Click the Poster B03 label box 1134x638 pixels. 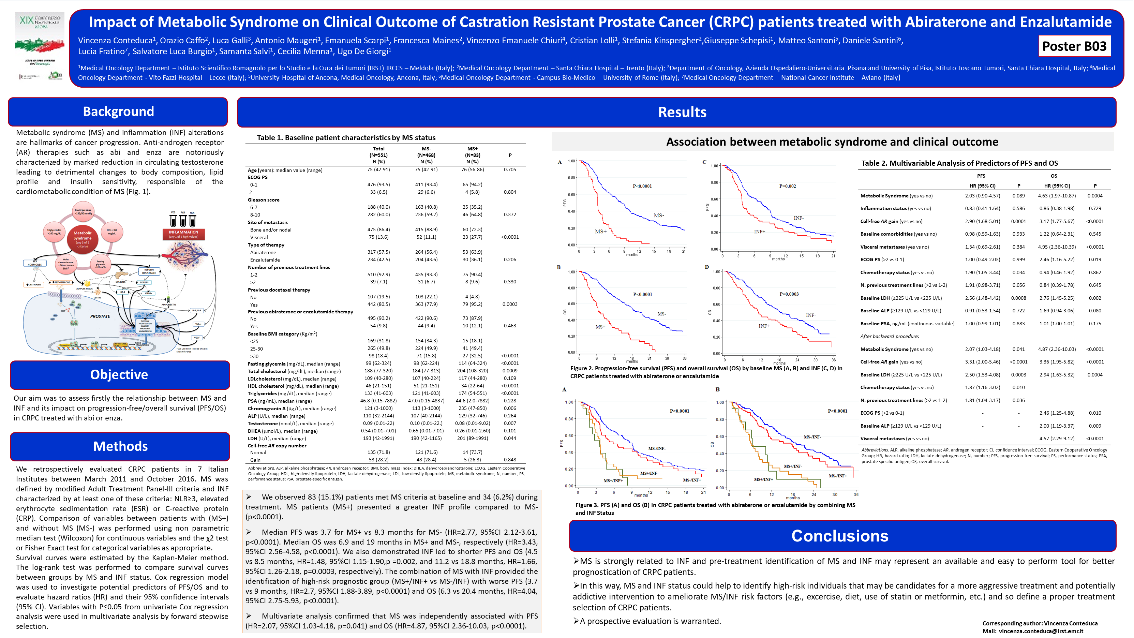[x=1074, y=46]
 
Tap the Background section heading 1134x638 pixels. [x=118, y=112]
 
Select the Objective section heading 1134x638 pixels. [x=119, y=374]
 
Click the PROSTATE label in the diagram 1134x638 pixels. [x=100, y=316]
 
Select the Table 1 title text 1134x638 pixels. [x=346, y=138]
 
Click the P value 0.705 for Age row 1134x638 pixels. [x=510, y=169]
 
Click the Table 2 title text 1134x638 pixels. [x=959, y=163]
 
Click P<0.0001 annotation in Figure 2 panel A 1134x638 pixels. [x=642, y=186]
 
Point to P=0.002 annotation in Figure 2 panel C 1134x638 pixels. [x=787, y=186]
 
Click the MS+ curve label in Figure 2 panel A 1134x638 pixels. [x=600, y=232]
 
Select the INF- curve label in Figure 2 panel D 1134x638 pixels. [x=810, y=315]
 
